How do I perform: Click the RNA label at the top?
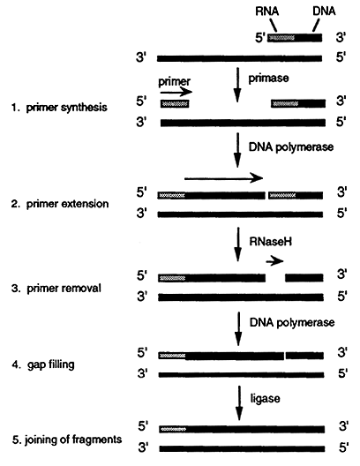[x=267, y=11]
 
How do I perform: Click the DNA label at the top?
[x=324, y=11]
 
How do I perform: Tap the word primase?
[x=268, y=79]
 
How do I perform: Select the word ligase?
[x=266, y=398]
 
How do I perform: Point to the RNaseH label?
[x=271, y=242]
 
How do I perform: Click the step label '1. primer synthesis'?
[x=59, y=108]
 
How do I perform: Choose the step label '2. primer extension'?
[x=60, y=204]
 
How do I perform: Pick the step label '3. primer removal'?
[x=56, y=289]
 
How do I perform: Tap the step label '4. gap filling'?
[x=43, y=365]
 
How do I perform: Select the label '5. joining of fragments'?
[x=67, y=440]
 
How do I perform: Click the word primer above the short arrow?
[x=175, y=81]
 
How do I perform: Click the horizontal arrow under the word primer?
[x=176, y=92]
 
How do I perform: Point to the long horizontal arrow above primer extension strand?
[x=223, y=178]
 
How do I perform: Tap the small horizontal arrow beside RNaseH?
[x=274, y=261]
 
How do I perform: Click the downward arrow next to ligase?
[x=239, y=403]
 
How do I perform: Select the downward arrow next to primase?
[x=237, y=85]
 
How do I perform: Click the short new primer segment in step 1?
[x=175, y=103]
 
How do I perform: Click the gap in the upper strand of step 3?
[x=275, y=278]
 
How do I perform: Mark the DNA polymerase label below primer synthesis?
[x=291, y=147]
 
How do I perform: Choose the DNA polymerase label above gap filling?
[x=292, y=322]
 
